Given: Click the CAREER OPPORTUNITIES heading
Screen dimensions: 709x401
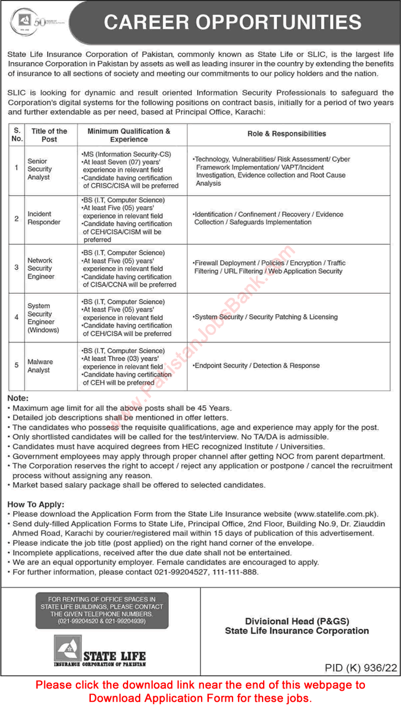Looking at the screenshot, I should [x=233, y=22].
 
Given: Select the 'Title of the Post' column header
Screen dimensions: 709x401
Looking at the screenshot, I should [x=49, y=135].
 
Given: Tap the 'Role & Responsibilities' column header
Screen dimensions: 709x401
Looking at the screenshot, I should [x=286, y=134].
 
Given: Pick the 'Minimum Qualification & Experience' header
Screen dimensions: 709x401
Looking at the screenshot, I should [x=129, y=135].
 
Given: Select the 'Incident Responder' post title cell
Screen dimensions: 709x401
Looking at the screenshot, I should [x=43, y=218].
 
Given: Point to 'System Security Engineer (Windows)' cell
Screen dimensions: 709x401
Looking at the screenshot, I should [x=41, y=318].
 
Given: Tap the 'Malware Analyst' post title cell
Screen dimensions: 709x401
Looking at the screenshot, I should [x=40, y=366].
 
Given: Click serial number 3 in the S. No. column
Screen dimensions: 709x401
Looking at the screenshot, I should [x=17, y=267].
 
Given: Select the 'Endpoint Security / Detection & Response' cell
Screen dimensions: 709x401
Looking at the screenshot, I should [x=257, y=366].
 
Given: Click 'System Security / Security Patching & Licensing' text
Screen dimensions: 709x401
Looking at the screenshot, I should [x=265, y=317].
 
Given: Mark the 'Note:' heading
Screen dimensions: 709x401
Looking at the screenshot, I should [x=18, y=398].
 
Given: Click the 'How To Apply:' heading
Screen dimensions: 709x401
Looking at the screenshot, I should [x=36, y=504].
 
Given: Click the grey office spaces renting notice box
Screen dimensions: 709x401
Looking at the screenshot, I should [x=101, y=610].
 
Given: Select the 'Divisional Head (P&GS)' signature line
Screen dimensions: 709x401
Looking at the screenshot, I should [x=297, y=621].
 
